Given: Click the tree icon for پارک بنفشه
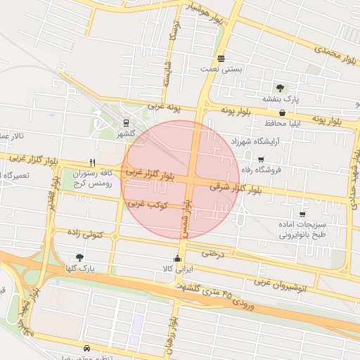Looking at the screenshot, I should [x=281, y=88].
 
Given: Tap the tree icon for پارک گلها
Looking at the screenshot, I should [x=79, y=257].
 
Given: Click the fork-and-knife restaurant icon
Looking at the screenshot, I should [x=92, y=162].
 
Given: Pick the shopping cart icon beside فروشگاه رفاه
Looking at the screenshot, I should [x=262, y=160].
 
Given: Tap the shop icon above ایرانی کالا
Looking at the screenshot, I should [x=176, y=259].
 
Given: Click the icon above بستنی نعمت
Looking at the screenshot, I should [x=221, y=58].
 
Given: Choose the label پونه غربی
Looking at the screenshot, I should [x=163, y=107].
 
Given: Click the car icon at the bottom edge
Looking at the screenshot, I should [x=86, y=349].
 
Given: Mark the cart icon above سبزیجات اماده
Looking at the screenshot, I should [x=302, y=214].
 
